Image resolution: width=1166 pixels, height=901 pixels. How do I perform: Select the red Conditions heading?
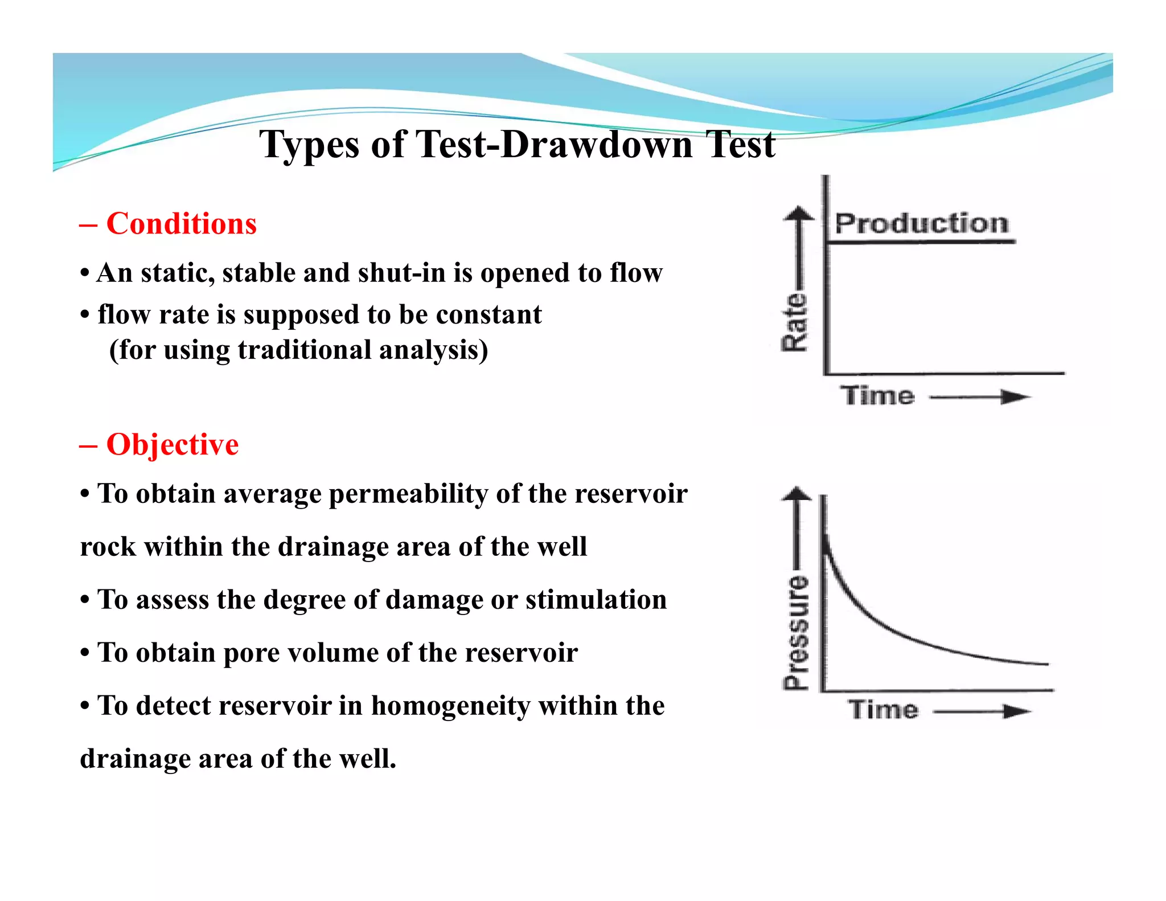click(x=181, y=223)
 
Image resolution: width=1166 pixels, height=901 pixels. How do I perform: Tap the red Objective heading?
click(x=172, y=444)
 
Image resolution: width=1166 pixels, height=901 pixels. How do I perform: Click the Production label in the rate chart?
click(x=921, y=223)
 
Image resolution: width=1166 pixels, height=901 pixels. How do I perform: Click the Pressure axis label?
click(x=796, y=632)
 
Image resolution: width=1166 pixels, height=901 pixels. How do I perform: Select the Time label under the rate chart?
click(x=877, y=396)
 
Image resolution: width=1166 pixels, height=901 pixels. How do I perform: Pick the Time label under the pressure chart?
click(x=883, y=710)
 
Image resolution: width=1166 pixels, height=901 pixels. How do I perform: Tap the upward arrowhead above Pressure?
click(x=797, y=494)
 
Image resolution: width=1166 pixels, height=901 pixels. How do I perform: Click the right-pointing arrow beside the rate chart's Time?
click(x=1015, y=397)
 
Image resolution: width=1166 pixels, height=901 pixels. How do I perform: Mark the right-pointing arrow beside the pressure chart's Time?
click(x=1016, y=711)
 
